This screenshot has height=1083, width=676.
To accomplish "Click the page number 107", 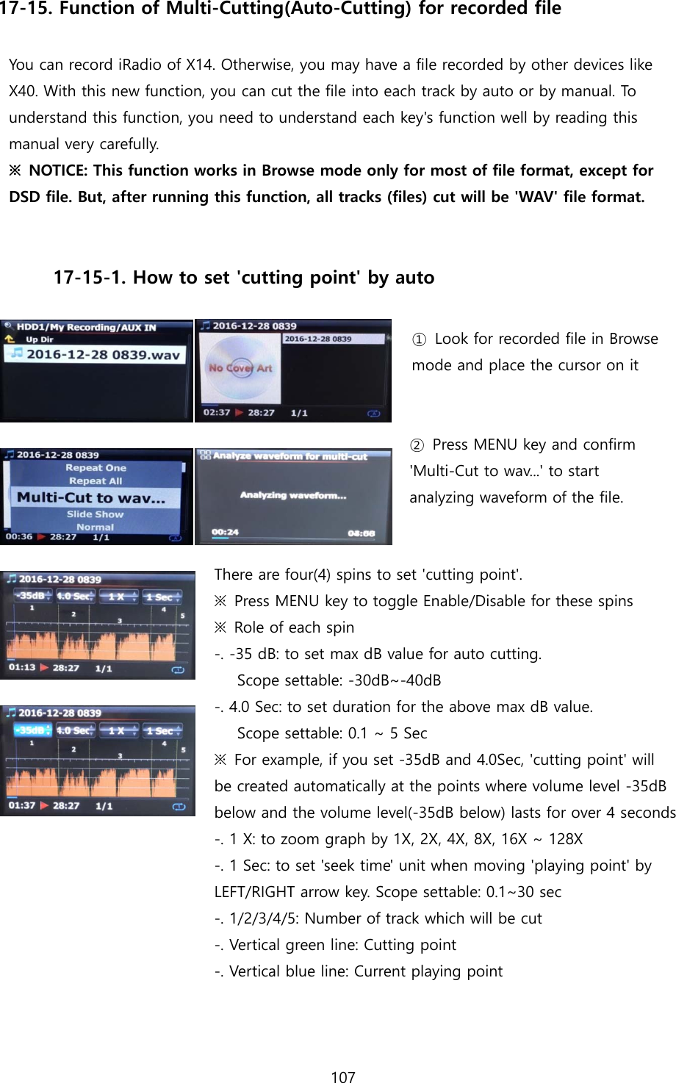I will tap(343, 1076).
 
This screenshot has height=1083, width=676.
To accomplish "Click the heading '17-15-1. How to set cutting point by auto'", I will tap(243, 278).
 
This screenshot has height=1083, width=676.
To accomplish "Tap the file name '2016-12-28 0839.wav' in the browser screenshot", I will tap(103, 354).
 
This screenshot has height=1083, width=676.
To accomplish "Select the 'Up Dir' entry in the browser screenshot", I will tap(39, 339).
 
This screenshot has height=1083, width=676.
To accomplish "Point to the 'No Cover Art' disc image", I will tap(239, 367).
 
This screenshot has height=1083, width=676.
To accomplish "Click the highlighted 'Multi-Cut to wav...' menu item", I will tap(91, 497).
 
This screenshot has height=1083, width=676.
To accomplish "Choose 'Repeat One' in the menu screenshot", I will tap(96, 467).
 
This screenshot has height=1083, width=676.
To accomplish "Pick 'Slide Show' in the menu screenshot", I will tap(95, 514).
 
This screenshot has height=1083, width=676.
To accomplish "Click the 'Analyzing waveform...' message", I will tap(292, 495).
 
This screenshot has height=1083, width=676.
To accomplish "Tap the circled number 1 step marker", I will tap(418, 339).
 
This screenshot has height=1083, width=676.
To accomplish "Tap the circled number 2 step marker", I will tap(417, 445).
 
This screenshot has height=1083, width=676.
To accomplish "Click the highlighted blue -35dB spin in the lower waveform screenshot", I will tap(32, 730).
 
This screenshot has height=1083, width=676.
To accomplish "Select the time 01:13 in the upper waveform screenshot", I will tap(22, 667).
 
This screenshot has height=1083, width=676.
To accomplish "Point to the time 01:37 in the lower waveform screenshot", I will tap(22, 805).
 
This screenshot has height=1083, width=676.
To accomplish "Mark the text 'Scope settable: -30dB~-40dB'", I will tap(339, 680).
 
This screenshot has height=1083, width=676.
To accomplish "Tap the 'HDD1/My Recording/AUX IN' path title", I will tap(86, 327).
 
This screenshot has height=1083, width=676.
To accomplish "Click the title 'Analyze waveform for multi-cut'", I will tap(290, 456).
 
